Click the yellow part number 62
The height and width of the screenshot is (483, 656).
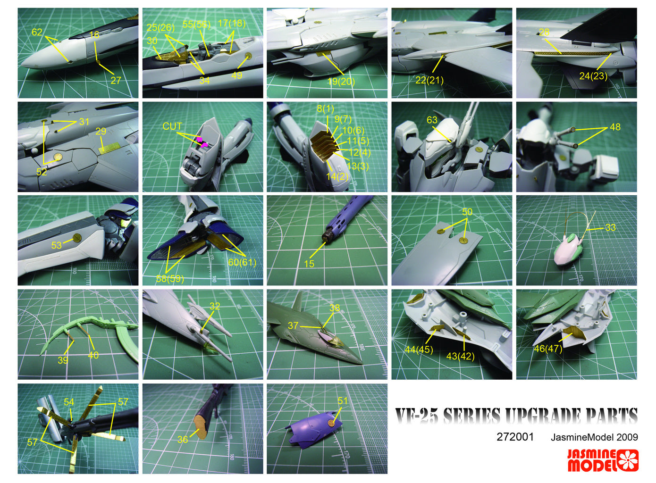(37, 32)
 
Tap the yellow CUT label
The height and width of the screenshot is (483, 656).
(172, 126)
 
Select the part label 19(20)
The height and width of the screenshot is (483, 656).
(341, 82)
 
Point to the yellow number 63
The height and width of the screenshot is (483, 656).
(432, 120)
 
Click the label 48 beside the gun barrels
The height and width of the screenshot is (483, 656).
(615, 127)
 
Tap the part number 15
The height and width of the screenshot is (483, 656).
(309, 264)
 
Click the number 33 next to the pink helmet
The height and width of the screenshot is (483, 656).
(610, 227)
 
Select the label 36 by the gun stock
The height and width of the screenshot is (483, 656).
(183, 440)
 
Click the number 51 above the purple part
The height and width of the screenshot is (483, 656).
(342, 401)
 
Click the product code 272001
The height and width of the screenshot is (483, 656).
(515, 437)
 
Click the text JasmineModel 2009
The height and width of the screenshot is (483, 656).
(594, 437)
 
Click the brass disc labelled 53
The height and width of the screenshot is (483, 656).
(77, 238)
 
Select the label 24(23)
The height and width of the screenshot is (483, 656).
(593, 76)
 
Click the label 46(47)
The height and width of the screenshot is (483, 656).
(548, 349)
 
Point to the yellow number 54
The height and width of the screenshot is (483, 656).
(69, 402)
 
